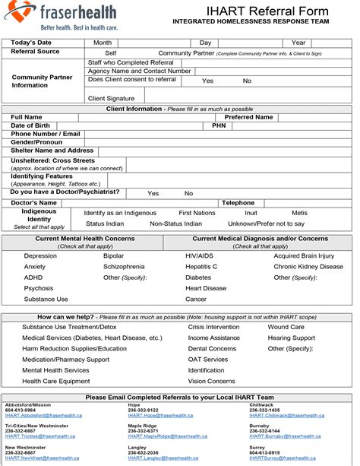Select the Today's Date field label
(x=31, y=43)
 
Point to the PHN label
(x=219, y=125)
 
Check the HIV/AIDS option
(x=200, y=256)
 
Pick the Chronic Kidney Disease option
(x=308, y=267)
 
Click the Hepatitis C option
(x=201, y=267)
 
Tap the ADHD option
(x=33, y=277)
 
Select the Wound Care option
(x=286, y=327)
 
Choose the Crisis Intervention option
(x=213, y=327)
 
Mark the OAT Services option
(x=207, y=360)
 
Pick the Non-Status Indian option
(x=175, y=223)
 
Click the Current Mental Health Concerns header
(x=85, y=238)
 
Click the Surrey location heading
(x=259, y=448)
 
